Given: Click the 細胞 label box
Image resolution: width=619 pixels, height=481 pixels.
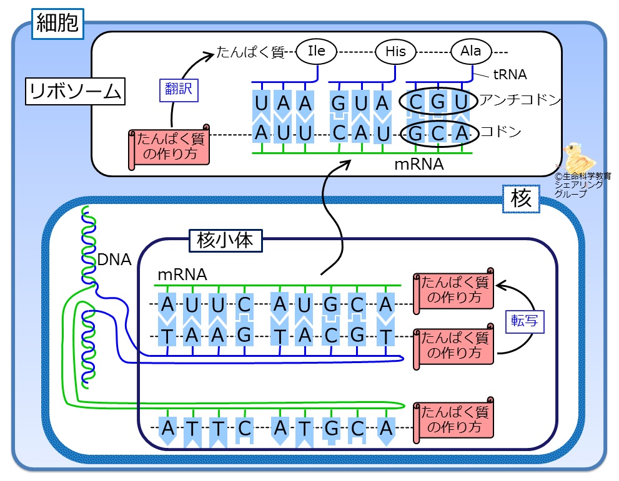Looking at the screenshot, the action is (57, 24).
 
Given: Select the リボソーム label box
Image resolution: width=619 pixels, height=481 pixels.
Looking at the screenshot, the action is (75, 92).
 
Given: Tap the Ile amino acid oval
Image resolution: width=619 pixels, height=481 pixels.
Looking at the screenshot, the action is (316, 51).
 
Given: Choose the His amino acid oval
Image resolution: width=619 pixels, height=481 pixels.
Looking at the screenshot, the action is (395, 51).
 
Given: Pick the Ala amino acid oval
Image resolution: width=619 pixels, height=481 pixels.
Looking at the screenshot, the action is (471, 51).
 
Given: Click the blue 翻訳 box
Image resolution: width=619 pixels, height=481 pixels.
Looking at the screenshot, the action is (179, 90).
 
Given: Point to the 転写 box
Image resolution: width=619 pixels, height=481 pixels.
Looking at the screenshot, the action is (525, 322).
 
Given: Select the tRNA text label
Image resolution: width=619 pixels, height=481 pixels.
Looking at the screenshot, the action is (510, 74).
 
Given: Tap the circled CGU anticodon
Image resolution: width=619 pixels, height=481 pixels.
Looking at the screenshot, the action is (438, 102).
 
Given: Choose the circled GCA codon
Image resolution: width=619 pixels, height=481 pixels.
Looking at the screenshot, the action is (439, 134).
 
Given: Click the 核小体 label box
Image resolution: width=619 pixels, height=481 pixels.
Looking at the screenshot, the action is (225, 241).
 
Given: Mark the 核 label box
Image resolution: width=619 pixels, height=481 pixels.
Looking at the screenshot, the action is (521, 199).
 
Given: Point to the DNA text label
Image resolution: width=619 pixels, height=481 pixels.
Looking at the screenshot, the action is (114, 260).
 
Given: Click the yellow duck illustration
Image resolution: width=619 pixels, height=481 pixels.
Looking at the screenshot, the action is (578, 158).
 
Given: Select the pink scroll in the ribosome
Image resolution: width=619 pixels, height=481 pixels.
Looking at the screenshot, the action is (169, 147).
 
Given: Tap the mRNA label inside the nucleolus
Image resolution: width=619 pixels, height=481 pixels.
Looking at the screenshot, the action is (182, 275).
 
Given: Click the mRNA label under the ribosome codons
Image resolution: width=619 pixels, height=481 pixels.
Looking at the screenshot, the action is (419, 165).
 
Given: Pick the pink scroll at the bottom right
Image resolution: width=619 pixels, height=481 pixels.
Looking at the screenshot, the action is (453, 420).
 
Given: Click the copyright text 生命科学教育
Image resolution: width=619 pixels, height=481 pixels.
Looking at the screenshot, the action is (583, 176).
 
